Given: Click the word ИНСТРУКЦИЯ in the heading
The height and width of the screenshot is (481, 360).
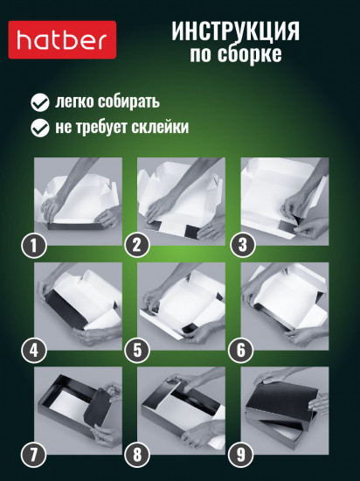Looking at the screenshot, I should click(236, 31).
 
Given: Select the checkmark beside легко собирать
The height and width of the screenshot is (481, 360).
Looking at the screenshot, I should click(39, 101).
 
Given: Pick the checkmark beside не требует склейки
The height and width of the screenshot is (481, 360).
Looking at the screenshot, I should click(39, 128).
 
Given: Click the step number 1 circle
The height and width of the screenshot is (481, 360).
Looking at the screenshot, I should click(33, 246).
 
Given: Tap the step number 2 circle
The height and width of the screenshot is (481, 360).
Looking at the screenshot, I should click(135, 246).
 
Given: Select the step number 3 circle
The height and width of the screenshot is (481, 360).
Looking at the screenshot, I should click(238, 246).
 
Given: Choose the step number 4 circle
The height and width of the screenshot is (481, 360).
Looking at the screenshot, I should click(33, 351).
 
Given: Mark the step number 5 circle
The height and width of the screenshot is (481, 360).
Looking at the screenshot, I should click(135, 351).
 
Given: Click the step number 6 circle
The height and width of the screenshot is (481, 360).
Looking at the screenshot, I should click(238, 351).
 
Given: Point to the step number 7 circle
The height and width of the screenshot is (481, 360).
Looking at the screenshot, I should click(33, 455).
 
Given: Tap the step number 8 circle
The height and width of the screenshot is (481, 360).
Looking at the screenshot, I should click(135, 455).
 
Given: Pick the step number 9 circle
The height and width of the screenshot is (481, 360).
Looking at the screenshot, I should click(238, 455).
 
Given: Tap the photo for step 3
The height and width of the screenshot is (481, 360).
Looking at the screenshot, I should click(284, 199).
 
